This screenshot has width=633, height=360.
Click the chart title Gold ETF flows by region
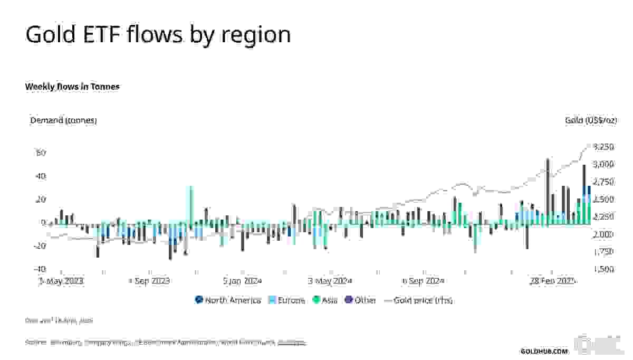click(158, 35)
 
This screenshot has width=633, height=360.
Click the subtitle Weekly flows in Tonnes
click(72, 86)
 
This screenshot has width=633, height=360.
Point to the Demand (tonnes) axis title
click(63, 120)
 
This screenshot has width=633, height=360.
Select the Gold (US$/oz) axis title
click(591, 120)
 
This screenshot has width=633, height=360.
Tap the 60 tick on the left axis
click(41, 153)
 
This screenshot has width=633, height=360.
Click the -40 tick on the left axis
click(40, 269)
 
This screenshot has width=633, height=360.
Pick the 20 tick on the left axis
click(41, 200)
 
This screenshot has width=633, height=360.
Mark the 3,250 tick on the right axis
click(603, 147)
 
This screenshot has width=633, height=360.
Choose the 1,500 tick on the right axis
click(603, 269)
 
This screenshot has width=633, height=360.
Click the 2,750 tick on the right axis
click(603, 182)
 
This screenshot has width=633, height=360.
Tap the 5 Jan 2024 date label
click(242, 281)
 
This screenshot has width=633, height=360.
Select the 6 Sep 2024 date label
click(423, 281)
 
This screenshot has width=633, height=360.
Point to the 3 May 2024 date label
click(330, 281)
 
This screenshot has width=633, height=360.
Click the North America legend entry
click(228, 300)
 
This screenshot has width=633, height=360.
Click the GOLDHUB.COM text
click(544, 351)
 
